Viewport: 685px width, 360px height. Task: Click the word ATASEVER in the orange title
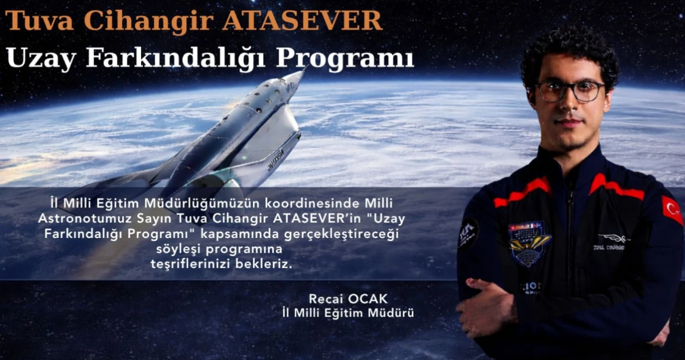point(302,21)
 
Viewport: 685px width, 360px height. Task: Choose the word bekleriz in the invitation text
point(263,265)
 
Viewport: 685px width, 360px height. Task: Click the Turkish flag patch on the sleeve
point(672,210)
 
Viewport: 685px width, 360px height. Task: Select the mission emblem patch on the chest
point(529,242)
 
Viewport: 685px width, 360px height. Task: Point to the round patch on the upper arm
point(468,232)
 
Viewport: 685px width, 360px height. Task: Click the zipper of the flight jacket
point(571,228)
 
